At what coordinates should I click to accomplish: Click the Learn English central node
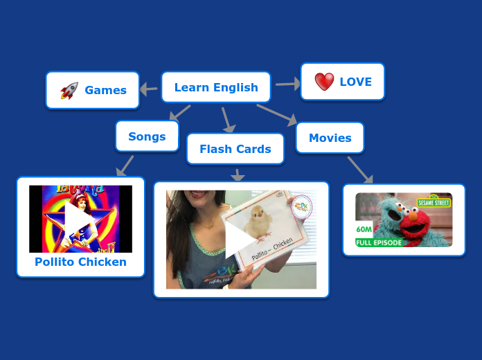tap(216, 87)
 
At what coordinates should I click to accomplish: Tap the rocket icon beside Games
tap(69, 90)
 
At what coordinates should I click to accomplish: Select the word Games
tap(105, 90)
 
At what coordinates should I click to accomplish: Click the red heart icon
tap(324, 82)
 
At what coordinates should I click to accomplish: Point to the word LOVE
tap(355, 82)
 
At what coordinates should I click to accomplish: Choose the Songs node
tap(147, 136)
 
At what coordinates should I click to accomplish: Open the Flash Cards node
tap(235, 149)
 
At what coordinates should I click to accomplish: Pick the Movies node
tap(330, 138)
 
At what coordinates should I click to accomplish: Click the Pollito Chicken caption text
tap(80, 262)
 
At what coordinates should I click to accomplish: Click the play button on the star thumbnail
tap(79, 219)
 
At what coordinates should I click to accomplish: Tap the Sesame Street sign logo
tap(434, 202)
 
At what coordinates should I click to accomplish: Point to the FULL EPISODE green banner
tap(378, 242)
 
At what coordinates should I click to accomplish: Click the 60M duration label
tap(364, 229)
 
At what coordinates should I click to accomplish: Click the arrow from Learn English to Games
tap(148, 89)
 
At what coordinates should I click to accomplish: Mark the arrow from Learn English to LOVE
tap(288, 84)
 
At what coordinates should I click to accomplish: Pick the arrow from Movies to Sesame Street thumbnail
tap(360, 170)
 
